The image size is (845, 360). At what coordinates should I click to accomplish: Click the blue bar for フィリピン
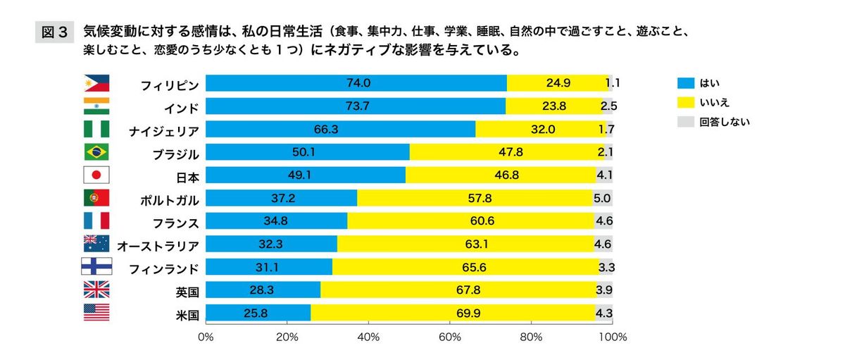click(x=356, y=83)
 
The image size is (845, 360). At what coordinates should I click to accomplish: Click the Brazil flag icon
click(x=96, y=152)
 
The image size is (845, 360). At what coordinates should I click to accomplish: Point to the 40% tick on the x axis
click(x=368, y=337)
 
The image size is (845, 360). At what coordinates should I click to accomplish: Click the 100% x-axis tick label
click(x=612, y=337)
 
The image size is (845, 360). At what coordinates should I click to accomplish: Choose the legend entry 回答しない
click(x=724, y=121)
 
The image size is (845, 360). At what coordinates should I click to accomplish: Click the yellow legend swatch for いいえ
click(x=685, y=102)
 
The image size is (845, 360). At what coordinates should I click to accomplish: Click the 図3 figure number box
click(x=54, y=32)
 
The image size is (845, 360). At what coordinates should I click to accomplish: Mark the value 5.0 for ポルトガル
click(x=602, y=199)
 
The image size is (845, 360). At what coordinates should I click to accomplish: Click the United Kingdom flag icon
click(x=96, y=290)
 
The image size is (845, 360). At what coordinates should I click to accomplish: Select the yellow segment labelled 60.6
click(x=470, y=221)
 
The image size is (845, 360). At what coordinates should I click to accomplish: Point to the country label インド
click(x=182, y=107)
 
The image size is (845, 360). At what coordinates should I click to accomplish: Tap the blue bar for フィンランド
click(x=269, y=267)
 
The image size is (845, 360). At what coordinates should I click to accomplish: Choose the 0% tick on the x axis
click(x=206, y=337)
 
